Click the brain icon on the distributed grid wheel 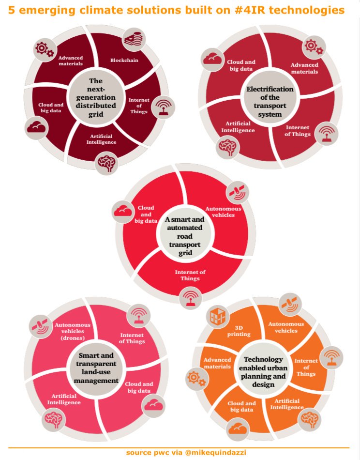(107, 164)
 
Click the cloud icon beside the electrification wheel (212, 59)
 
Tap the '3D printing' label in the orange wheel (239, 331)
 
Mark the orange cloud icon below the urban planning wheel (238, 428)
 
